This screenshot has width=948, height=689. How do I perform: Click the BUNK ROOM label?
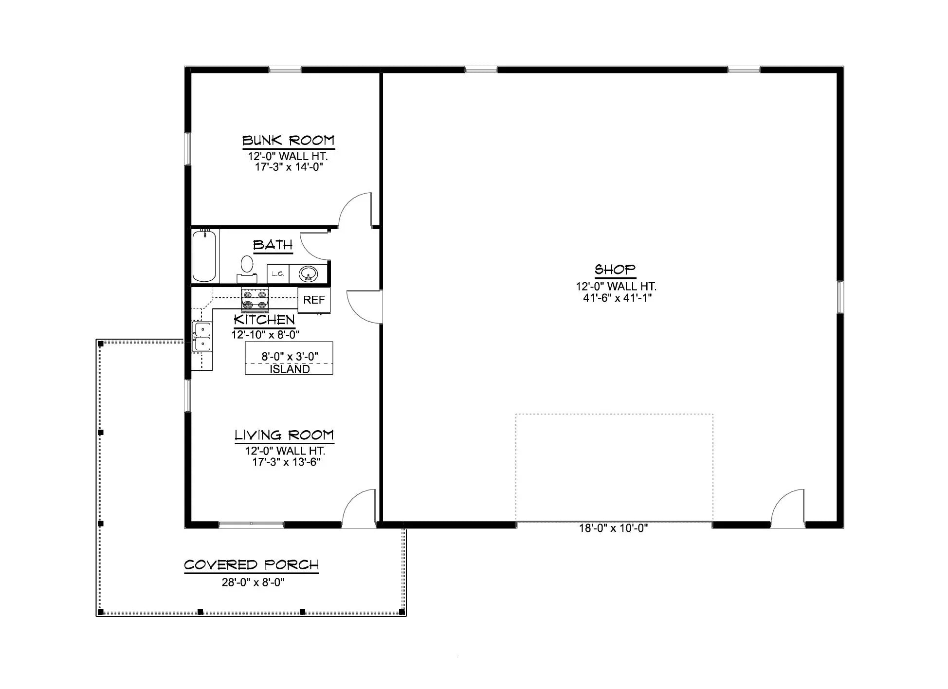289,141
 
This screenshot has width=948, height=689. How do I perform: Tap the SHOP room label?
615,269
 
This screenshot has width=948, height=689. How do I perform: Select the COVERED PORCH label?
251,565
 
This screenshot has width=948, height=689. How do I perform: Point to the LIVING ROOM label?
284,435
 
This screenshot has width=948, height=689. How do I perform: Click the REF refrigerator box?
314,300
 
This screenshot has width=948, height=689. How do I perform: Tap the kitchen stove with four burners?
255,300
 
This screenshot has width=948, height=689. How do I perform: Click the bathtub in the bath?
204,256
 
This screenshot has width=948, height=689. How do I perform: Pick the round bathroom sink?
308,274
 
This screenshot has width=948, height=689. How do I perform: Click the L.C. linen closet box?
278,274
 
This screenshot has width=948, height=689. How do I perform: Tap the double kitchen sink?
202,337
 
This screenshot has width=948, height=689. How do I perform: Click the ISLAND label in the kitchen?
290,369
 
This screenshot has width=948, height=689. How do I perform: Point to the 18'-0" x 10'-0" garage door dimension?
613,528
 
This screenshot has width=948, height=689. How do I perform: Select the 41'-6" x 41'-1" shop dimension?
617,298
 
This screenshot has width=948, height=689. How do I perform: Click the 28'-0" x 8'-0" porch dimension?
253,582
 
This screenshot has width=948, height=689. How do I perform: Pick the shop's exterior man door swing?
787,509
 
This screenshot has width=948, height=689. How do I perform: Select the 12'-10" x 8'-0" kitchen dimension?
265,335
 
